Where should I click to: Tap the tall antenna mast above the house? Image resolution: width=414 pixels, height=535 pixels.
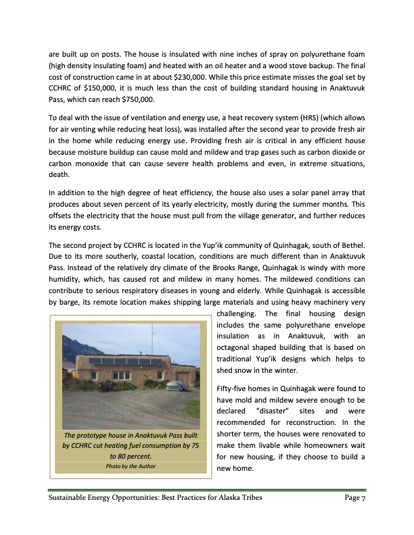153,338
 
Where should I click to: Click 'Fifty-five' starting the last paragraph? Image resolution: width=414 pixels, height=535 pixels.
232,388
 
